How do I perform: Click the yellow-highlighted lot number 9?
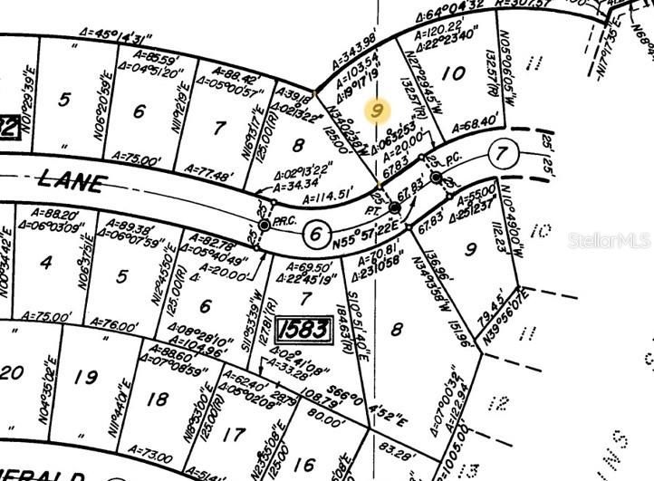pos(379,111)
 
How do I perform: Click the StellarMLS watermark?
pos(610,241)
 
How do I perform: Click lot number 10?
pos(458,72)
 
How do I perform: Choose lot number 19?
pos(86,378)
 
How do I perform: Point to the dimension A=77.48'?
pos(211,168)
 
